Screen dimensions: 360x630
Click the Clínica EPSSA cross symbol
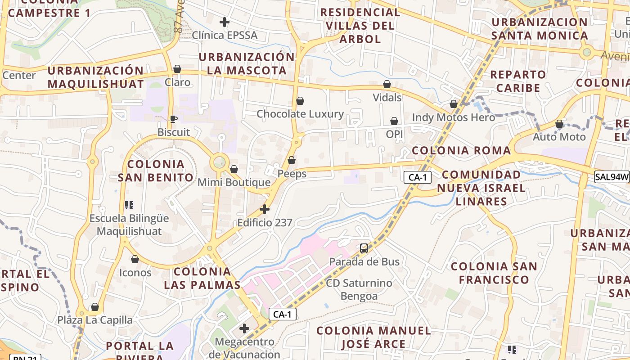coord(224,22)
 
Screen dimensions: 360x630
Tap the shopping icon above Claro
coord(177,69)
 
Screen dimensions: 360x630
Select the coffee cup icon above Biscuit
coord(173,119)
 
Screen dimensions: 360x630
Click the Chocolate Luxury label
coord(300,114)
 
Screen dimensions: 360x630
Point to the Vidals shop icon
coord(387,84)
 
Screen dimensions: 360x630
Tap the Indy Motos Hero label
coord(454,117)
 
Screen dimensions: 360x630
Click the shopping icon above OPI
coord(394,121)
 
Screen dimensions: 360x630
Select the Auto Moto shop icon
coord(559,124)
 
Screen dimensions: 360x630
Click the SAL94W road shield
coord(612,177)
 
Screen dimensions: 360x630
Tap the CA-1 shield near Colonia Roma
coord(417,177)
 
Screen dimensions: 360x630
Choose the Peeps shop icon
coord(292,160)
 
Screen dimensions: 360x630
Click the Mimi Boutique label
coord(234,182)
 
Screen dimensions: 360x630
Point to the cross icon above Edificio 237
coord(265,209)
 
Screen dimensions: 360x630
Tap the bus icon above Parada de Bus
coord(364,248)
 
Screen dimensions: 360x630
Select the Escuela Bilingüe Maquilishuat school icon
coord(129,205)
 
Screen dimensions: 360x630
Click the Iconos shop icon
coord(135,259)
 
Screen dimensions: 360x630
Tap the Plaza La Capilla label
coord(95,320)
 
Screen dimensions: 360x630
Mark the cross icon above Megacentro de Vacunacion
coord(244,328)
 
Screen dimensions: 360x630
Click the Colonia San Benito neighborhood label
coord(156,171)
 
